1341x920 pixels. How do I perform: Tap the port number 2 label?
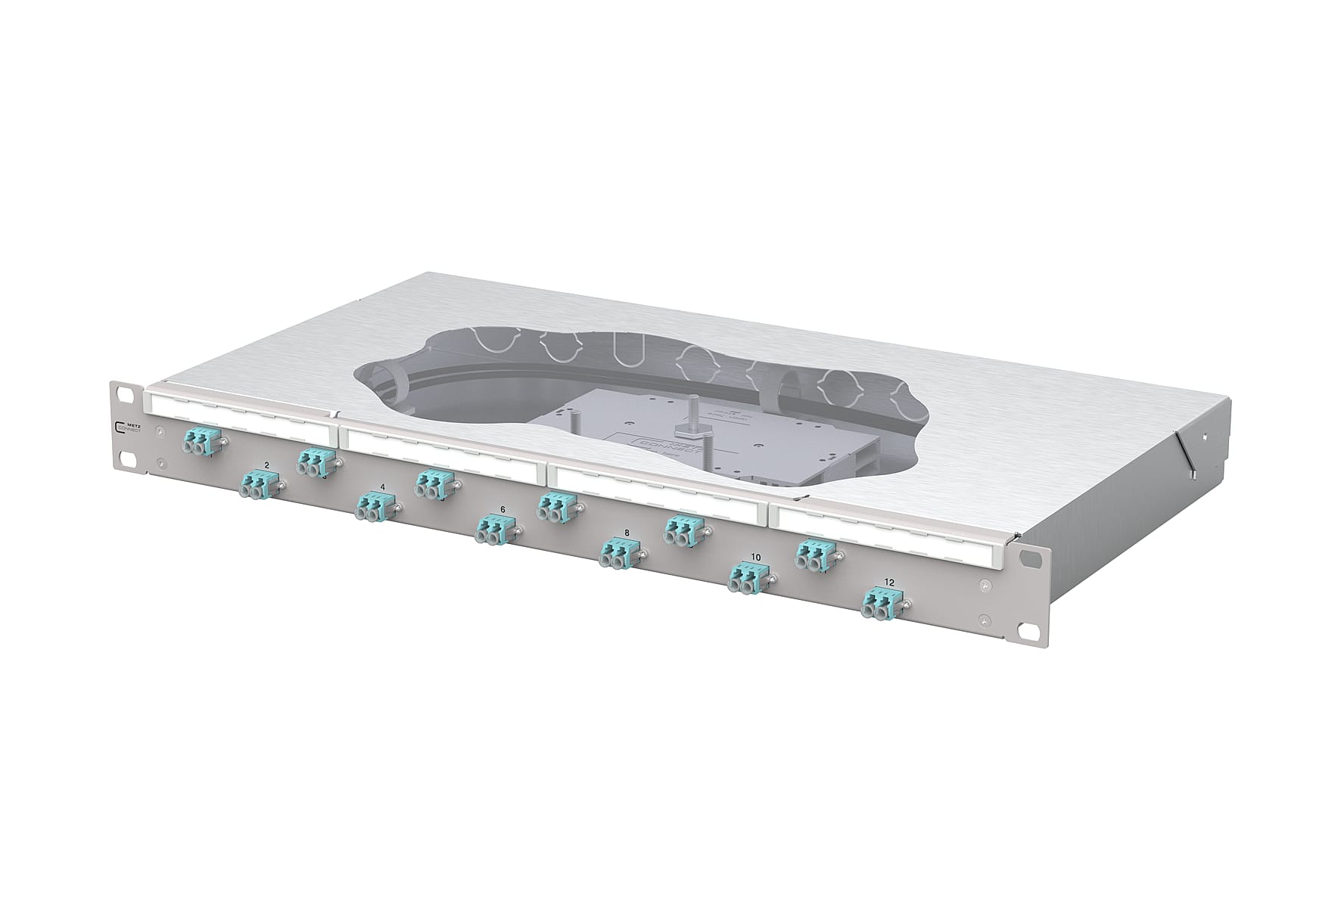pyautogui.click(x=266, y=464)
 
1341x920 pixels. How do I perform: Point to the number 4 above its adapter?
pyautogui.click(x=382, y=488)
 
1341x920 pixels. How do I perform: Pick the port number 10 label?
pyautogui.click(x=755, y=558)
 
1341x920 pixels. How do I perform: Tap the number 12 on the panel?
pyautogui.click(x=889, y=583)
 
